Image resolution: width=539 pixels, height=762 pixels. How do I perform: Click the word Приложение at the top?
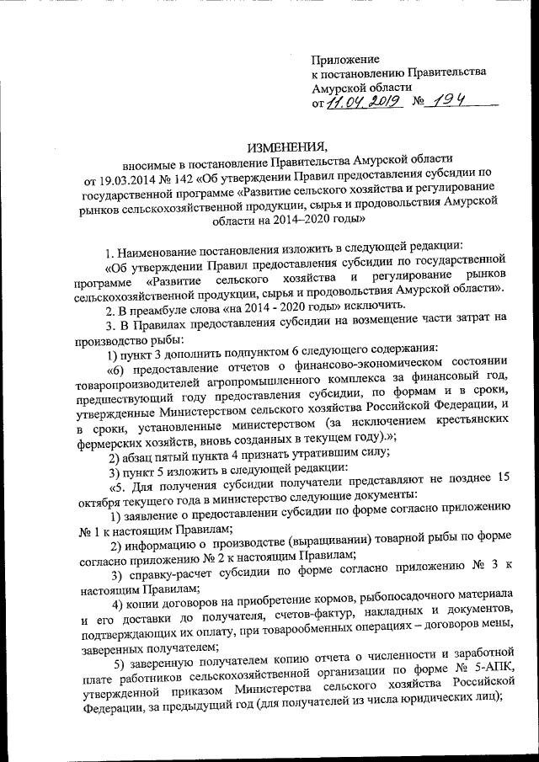pos(345,59)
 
